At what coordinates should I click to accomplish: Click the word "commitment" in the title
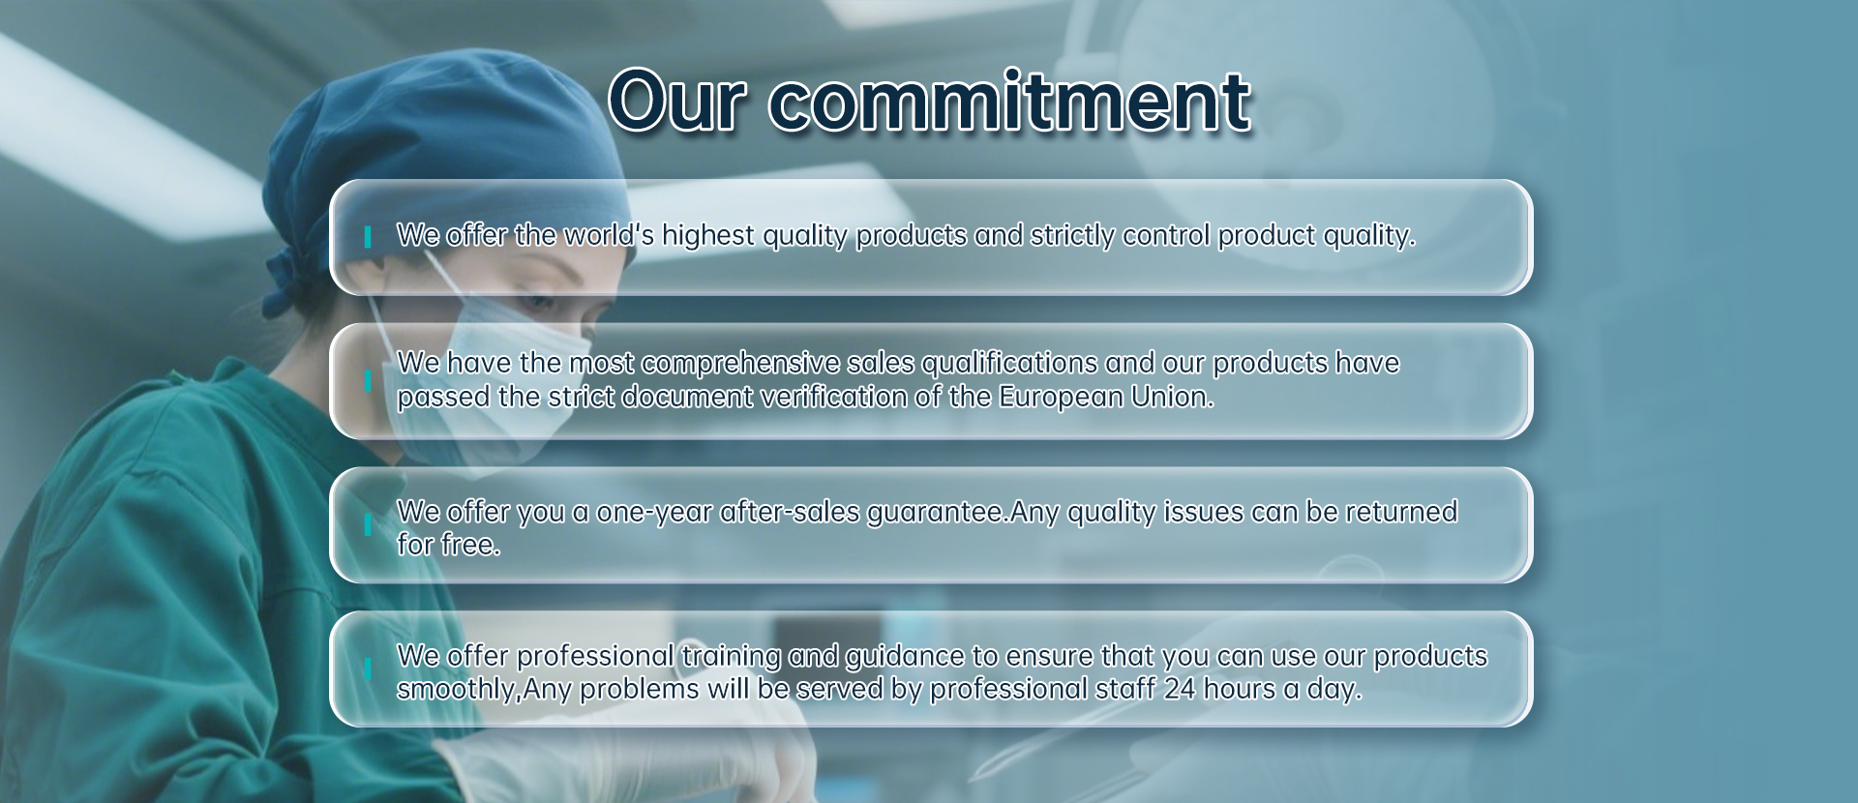tap(1009, 101)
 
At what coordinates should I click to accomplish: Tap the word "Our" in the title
tap(677, 101)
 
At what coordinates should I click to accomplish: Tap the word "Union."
tap(1158, 397)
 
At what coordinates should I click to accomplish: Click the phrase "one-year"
tap(654, 513)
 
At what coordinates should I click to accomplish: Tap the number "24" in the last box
tap(1180, 689)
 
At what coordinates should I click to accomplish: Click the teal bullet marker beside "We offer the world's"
tap(368, 237)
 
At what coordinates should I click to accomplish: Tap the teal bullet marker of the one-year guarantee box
tap(368, 524)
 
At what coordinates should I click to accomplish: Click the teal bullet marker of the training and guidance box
tap(368, 669)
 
